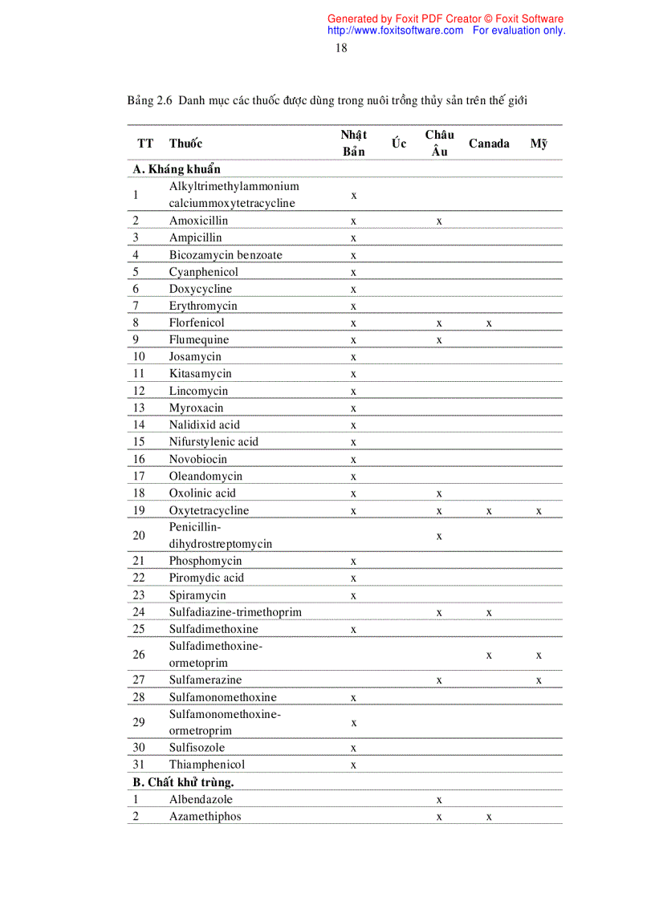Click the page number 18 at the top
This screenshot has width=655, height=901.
(x=341, y=48)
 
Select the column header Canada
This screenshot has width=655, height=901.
(x=489, y=144)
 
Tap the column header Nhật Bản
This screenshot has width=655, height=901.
(x=354, y=143)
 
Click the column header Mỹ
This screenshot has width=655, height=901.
(x=539, y=144)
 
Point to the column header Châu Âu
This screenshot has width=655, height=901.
(x=439, y=143)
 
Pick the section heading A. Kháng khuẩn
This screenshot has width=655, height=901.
(x=177, y=169)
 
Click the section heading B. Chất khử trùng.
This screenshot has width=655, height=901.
(x=183, y=782)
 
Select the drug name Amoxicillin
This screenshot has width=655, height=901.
(x=198, y=221)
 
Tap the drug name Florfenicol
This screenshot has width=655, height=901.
(x=197, y=323)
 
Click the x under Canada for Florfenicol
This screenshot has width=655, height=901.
(x=489, y=323)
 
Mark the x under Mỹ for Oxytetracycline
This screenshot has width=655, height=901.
(x=539, y=511)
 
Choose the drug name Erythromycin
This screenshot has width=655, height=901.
(x=203, y=306)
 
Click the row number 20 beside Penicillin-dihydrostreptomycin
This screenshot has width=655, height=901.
(x=139, y=535)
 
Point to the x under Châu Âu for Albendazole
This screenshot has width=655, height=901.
(x=439, y=800)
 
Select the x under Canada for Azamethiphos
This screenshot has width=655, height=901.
(x=489, y=817)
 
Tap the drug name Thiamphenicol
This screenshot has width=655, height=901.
(x=207, y=765)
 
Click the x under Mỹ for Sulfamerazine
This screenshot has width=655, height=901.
(x=539, y=680)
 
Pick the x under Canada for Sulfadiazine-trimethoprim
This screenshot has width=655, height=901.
(x=489, y=613)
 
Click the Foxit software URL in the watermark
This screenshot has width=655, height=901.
(x=396, y=30)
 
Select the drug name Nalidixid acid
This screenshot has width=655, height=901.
(x=204, y=424)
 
